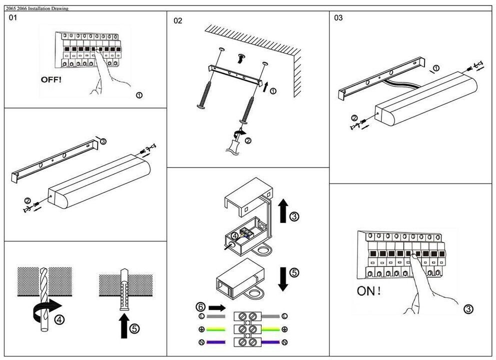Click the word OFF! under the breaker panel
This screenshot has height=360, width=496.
pos(51,79)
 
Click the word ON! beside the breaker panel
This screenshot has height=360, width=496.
pos(368,291)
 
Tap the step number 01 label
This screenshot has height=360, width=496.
pos(12,17)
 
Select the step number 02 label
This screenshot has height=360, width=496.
pos(178,21)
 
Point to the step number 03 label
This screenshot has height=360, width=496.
pos(338,17)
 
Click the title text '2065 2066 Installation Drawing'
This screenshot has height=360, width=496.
pos(37,8)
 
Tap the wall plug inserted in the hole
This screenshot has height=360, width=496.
pos(124,289)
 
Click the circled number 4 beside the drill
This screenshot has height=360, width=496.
pos(59,319)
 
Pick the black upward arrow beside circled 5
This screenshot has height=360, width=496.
pos(124,325)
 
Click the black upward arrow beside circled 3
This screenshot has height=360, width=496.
pos(283,210)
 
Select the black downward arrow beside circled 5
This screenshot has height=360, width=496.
pos(283,279)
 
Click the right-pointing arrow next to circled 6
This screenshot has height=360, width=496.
pos(217,308)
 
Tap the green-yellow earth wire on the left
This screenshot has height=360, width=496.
pos(215,329)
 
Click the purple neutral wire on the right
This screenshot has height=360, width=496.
pos(270,342)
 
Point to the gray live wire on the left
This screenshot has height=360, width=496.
pos(215,316)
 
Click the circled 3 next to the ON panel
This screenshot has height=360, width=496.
pos(468,309)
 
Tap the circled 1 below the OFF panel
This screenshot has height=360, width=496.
pos(139,95)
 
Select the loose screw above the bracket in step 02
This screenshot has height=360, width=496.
pos(241,58)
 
